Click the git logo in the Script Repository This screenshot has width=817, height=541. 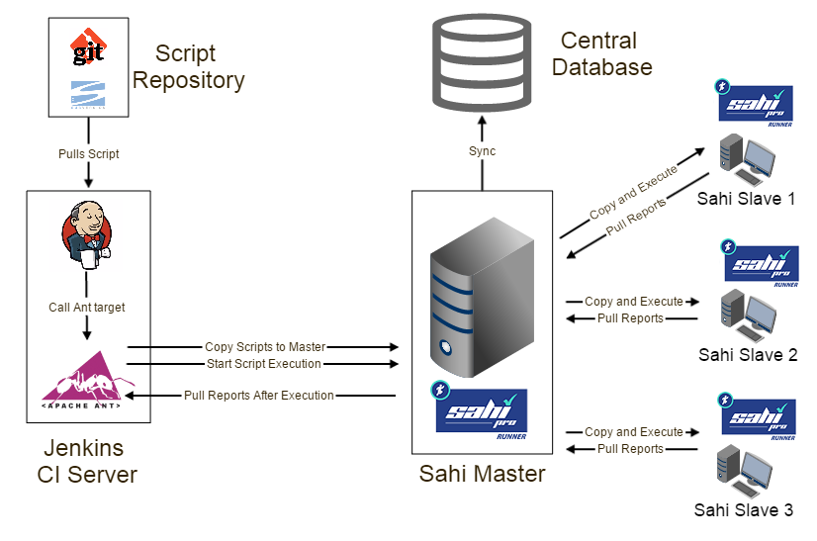tap(88, 47)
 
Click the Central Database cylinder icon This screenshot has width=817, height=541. tap(482, 66)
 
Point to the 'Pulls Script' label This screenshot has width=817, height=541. tap(88, 154)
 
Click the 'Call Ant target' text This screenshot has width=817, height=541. tap(87, 308)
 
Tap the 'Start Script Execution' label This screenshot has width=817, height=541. tap(264, 364)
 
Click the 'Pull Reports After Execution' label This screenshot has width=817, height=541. tap(259, 396)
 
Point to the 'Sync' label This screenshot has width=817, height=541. tap(483, 151)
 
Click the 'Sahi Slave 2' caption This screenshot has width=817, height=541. tap(748, 355)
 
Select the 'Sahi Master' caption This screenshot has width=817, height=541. tap(482, 474)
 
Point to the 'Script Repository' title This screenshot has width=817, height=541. tap(188, 66)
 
